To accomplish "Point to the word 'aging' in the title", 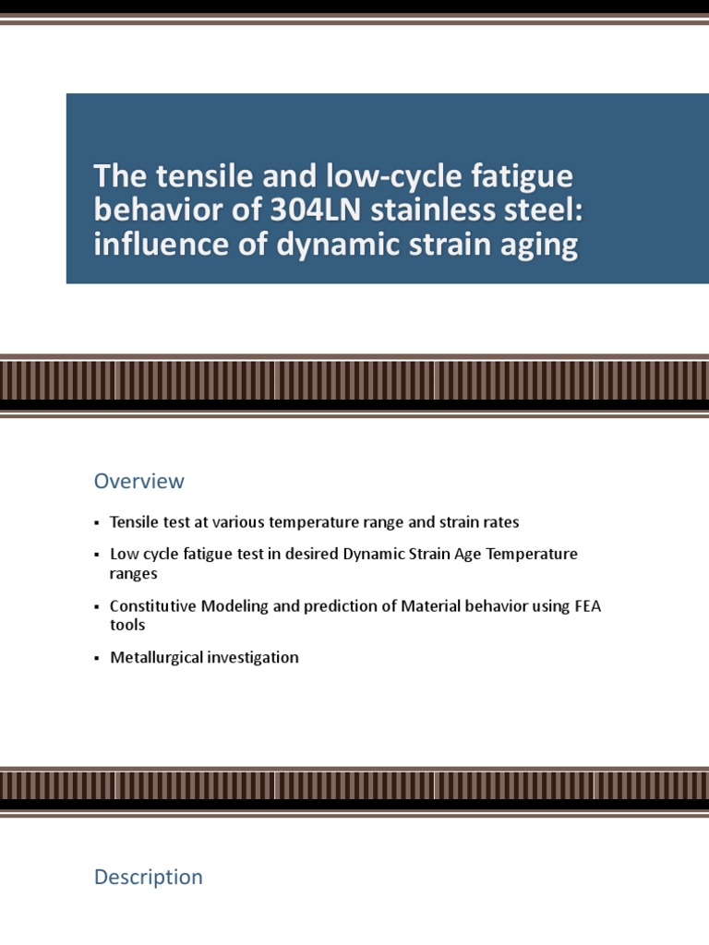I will pos(541,246).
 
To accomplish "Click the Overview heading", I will pos(138,481).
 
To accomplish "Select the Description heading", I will pos(148,877).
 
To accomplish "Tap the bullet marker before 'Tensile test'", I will pos(97,523).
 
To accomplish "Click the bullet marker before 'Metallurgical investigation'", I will pos(97,659).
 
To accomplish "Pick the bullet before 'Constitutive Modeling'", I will pos(97,607).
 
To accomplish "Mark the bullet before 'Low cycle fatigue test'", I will pos(97,556).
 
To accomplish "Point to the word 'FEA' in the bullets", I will pos(586,606).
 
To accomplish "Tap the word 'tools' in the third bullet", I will pos(127,625).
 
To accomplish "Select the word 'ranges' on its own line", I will pos(134,573).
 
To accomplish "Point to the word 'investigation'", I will pos(253,658).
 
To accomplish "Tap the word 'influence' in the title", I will pos(152,246).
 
